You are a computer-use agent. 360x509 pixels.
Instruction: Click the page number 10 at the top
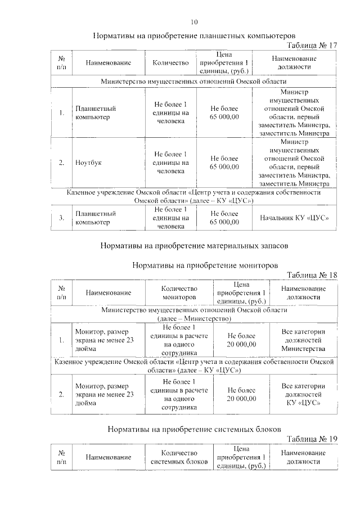[x=194, y=22]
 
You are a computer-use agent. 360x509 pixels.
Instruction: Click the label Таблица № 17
[x=312, y=45]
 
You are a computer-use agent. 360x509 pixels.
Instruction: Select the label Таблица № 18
[x=312, y=275]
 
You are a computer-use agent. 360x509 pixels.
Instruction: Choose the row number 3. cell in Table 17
[x=61, y=218]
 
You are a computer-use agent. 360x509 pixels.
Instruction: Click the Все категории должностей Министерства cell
[x=303, y=340]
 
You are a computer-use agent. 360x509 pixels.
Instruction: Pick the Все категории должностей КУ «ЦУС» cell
[x=303, y=394]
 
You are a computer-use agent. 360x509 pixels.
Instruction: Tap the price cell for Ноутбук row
[x=224, y=163]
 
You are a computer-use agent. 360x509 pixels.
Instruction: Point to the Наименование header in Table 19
[x=109, y=457]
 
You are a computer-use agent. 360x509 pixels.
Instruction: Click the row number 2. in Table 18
[x=61, y=394]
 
